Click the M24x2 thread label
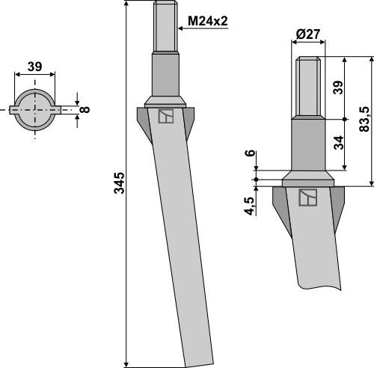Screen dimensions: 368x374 pyautogui.click(x=207, y=22)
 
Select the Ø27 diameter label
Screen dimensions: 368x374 pyautogui.click(x=309, y=34)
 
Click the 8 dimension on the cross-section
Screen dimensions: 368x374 pyautogui.click(x=85, y=109)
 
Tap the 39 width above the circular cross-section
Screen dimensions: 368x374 pyautogui.click(x=34, y=67)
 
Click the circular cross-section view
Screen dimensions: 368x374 pyautogui.click(x=35, y=109)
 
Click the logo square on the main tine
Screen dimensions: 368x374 pyautogui.click(x=165, y=116)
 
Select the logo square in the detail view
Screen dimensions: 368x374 pyautogui.click(x=307, y=197)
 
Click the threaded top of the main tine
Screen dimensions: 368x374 pyautogui.click(x=165, y=27)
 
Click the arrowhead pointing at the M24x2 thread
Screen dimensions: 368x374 pyautogui.click(x=180, y=29)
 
